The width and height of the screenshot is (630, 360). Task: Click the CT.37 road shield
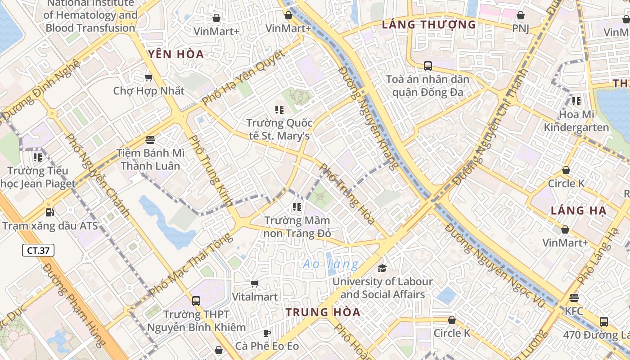coord(38,250)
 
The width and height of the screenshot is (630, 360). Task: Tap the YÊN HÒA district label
coord(176,55)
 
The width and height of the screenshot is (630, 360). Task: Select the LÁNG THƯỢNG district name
coord(428,25)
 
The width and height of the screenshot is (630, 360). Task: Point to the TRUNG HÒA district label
coord(323,312)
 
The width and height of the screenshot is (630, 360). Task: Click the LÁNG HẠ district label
coord(579,211)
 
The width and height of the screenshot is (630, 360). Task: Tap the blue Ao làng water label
coord(331,264)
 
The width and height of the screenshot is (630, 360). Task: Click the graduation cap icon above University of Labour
coord(382,269)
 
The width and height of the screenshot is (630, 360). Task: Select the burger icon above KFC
coord(574,298)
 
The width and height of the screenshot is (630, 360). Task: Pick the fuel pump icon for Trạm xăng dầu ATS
coord(50,212)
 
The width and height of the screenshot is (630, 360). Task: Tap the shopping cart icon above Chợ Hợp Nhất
coord(148,77)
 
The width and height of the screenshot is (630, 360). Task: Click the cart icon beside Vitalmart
coord(254,283)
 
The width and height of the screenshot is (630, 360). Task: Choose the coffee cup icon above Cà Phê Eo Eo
coord(267,333)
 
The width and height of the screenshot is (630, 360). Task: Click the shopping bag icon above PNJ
coord(521,15)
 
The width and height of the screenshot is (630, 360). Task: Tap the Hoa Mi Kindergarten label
coord(576,121)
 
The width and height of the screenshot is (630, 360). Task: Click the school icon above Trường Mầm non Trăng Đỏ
coord(297,207)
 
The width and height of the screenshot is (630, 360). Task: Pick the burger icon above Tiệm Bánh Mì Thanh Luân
coord(150,139)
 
